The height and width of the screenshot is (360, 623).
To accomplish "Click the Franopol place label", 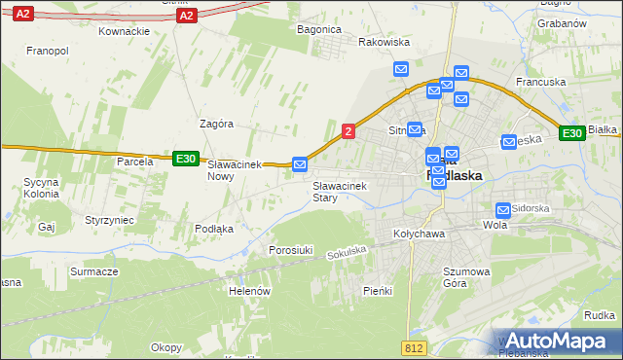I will pyautogui.click(x=46, y=50).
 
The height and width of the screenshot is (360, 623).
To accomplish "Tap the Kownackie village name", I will pyautogui.click(x=124, y=31).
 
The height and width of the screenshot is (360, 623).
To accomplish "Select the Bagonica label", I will pyautogui.click(x=318, y=30).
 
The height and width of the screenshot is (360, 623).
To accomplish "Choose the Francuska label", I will pyautogui.click(x=540, y=83).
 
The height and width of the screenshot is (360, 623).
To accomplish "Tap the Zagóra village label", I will pyautogui.click(x=215, y=125).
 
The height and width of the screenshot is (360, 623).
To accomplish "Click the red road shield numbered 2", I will pyautogui.click(x=348, y=130).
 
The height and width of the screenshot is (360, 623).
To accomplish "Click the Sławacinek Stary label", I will pyautogui.click(x=338, y=191).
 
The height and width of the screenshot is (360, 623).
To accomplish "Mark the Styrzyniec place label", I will pyautogui.click(x=109, y=221).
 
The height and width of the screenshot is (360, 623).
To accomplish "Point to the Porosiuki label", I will pyautogui.click(x=290, y=250).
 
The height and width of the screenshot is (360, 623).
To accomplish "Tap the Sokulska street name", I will pyautogui.click(x=347, y=252).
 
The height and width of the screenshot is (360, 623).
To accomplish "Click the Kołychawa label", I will pyautogui.click(x=419, y=234).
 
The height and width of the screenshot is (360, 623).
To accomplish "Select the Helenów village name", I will pyautogui.click(x=248, y=291).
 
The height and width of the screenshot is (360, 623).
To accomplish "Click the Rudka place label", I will pyautogui.click(x=600, y=314).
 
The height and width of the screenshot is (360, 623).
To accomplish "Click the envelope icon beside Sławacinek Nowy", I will pyautogui.click(x=300, y=164).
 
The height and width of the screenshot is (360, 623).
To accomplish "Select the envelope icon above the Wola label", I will pyautogui.click(x=503, y=209).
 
